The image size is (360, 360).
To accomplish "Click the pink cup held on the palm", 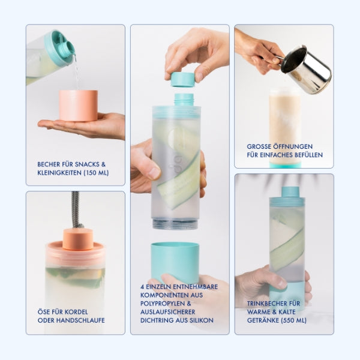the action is point(78,106).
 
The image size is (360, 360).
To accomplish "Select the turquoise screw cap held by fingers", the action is point(183,79).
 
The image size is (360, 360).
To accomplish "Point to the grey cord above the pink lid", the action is point(76,209).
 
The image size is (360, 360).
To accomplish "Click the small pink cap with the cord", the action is point(78,239).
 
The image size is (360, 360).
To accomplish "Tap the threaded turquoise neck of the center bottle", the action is point(184,100).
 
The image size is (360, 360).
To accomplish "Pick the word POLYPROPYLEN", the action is point(163,304).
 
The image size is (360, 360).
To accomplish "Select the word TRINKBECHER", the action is point(266,304).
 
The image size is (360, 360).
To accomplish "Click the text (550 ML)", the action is point(293,320).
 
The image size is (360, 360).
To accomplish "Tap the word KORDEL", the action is point(76,312).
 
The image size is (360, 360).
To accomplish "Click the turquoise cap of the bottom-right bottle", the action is point(290,192).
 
